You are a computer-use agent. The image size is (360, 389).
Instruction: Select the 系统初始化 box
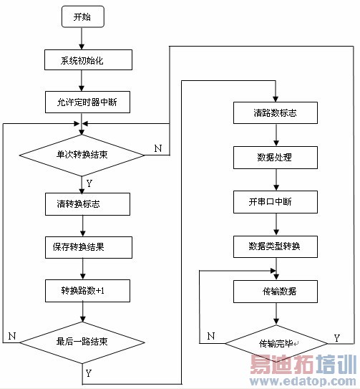click(x=87, y=59)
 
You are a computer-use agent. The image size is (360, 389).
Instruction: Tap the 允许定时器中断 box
click(x=87, y=103)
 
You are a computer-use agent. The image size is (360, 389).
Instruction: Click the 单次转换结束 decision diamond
click(x=83, y=154)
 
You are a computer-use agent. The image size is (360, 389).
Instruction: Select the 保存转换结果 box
click(x=87, y=246)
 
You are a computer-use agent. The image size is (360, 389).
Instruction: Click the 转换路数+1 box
click(x=87, y=290)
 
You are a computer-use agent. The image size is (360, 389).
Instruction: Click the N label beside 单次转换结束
click(x=157, y=148)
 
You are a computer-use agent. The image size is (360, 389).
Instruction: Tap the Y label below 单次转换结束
click(x=89, y=183)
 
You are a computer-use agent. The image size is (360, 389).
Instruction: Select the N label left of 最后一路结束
click(x=11, y=335)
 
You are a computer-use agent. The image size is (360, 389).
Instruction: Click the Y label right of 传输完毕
click(x=337, y=337)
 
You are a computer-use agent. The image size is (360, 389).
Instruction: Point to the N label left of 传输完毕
click(x=210, y=335)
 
